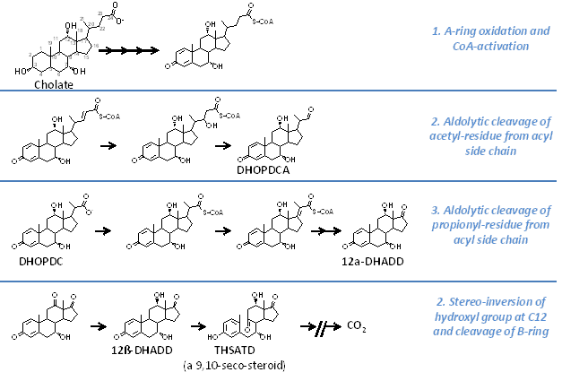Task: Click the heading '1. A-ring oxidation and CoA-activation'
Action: (490, 38)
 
